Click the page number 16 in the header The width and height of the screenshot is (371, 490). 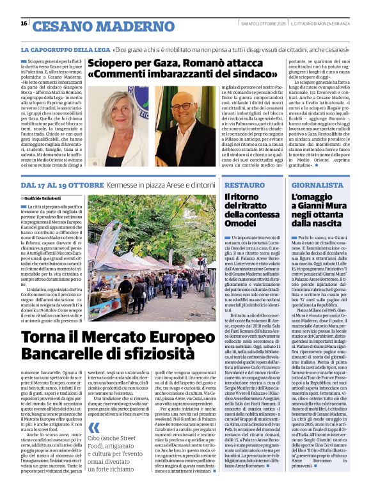point(24,24)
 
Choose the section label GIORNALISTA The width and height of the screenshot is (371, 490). point(317,185)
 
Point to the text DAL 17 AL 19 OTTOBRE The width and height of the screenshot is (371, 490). point(61,185)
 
